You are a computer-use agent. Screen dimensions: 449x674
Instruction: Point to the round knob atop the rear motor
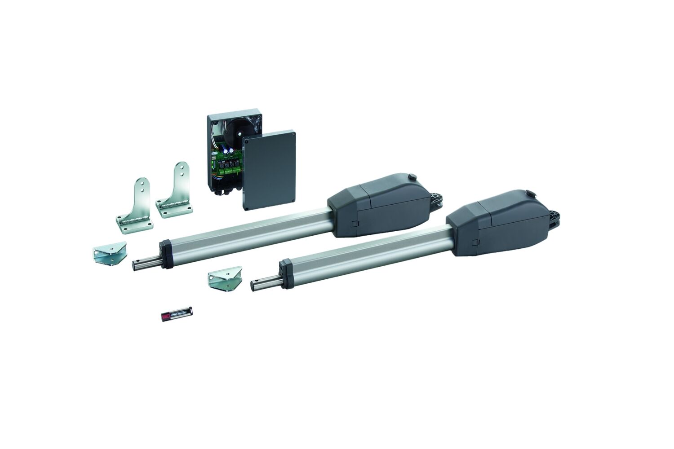[410, 176]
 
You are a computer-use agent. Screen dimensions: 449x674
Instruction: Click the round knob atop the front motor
[532, 194]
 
